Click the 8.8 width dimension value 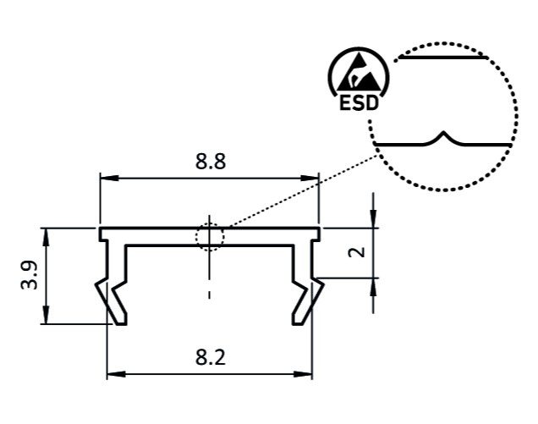coord(210,162)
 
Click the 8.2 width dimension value coord(210,357)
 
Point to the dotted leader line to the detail coord(296,190)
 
